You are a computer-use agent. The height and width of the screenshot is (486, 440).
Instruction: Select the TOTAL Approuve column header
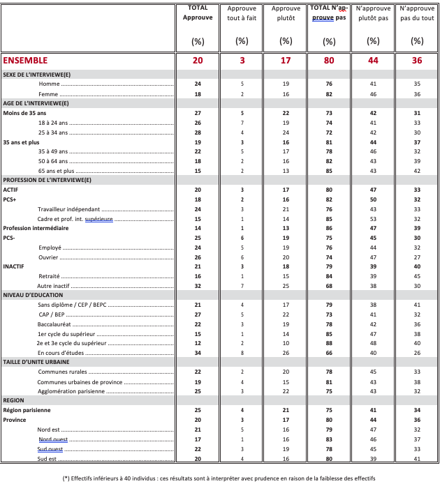(198, 13)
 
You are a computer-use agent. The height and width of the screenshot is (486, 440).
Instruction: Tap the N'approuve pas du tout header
(417, 13)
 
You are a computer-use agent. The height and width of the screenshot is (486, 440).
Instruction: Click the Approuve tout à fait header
(242, 13)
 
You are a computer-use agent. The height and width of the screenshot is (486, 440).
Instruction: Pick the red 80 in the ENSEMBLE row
(329, 61)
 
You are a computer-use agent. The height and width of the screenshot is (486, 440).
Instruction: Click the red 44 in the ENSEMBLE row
(373, 61)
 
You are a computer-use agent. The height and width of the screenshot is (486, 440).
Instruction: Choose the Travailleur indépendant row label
(69, 209)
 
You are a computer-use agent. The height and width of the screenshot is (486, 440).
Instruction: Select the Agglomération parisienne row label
(71, 391)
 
